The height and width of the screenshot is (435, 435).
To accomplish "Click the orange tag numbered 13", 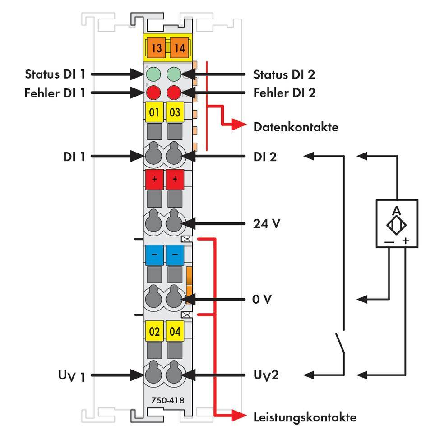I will click(157, 48).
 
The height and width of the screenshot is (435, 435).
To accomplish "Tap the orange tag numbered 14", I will click(180, 48).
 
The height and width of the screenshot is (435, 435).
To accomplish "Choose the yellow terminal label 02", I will click(154, 332).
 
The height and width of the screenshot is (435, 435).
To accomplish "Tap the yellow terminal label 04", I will click(175, 332).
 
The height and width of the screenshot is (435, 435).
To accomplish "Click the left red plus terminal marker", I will click(154, 179).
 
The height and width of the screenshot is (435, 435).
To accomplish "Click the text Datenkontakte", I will click(296, 127).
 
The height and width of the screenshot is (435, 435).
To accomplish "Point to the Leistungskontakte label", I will click(305, 417).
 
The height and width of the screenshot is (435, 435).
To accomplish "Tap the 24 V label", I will click(267, 223).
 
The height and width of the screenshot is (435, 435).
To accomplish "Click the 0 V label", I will click(262, 299).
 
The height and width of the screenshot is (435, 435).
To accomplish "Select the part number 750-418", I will click(165, 400).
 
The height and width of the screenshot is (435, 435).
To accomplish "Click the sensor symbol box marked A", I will click(397, 223).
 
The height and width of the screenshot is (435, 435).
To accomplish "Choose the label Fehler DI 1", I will click(55, 93).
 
